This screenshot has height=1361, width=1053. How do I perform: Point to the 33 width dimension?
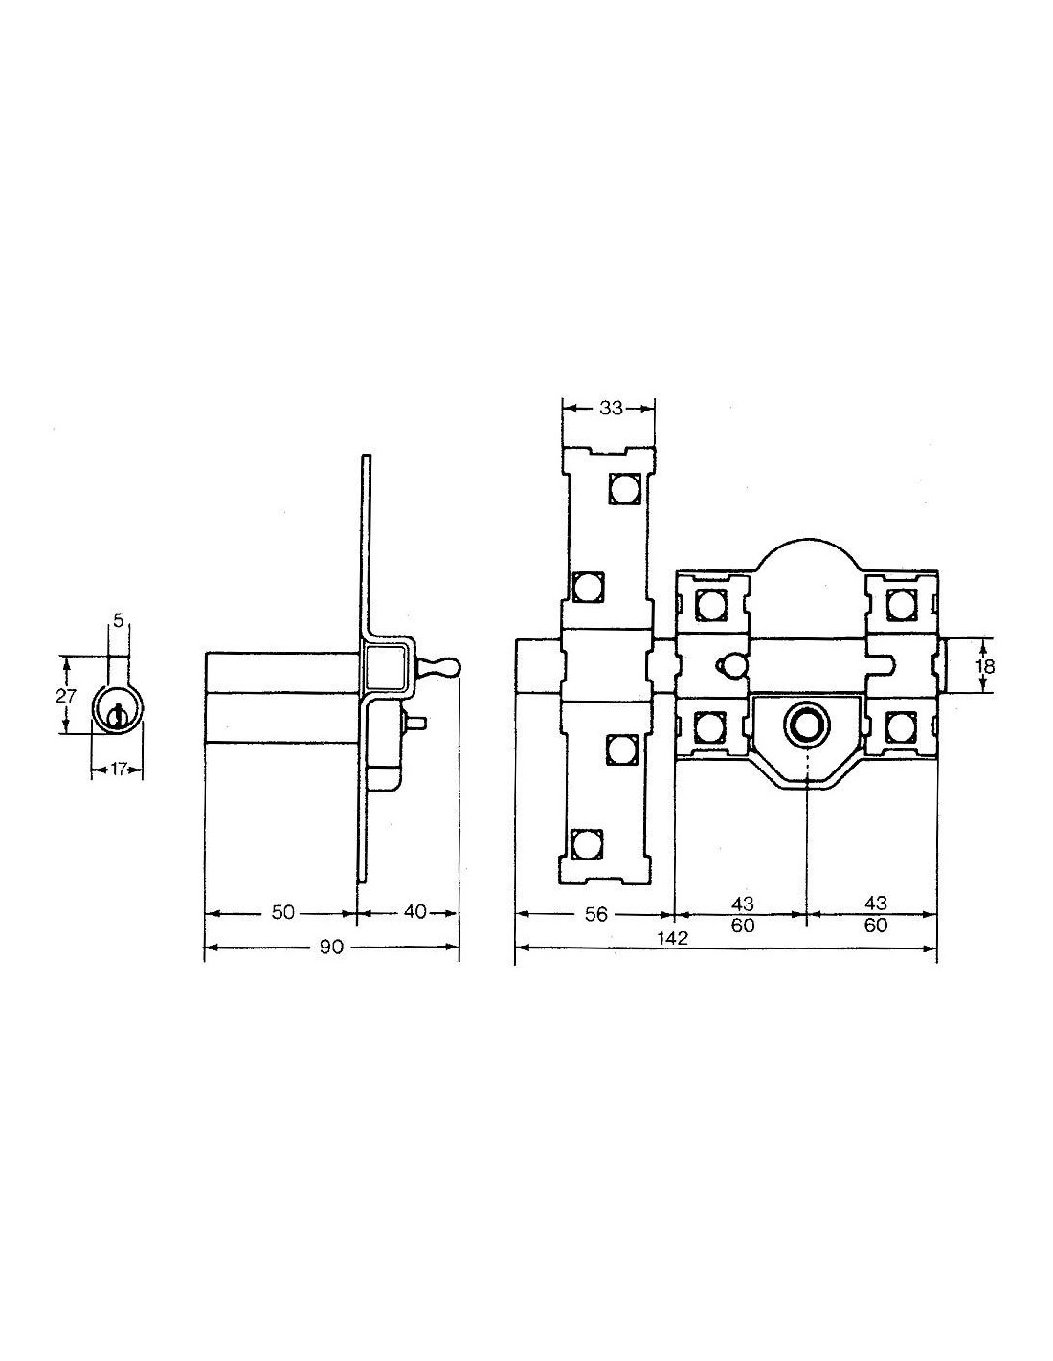[x=611, y=408]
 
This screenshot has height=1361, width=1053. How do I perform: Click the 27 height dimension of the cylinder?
[x=65, y=695]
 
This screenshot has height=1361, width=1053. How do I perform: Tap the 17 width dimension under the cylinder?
[x=118, y=770]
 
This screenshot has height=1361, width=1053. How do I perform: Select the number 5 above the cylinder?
[x=119, y=620]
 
